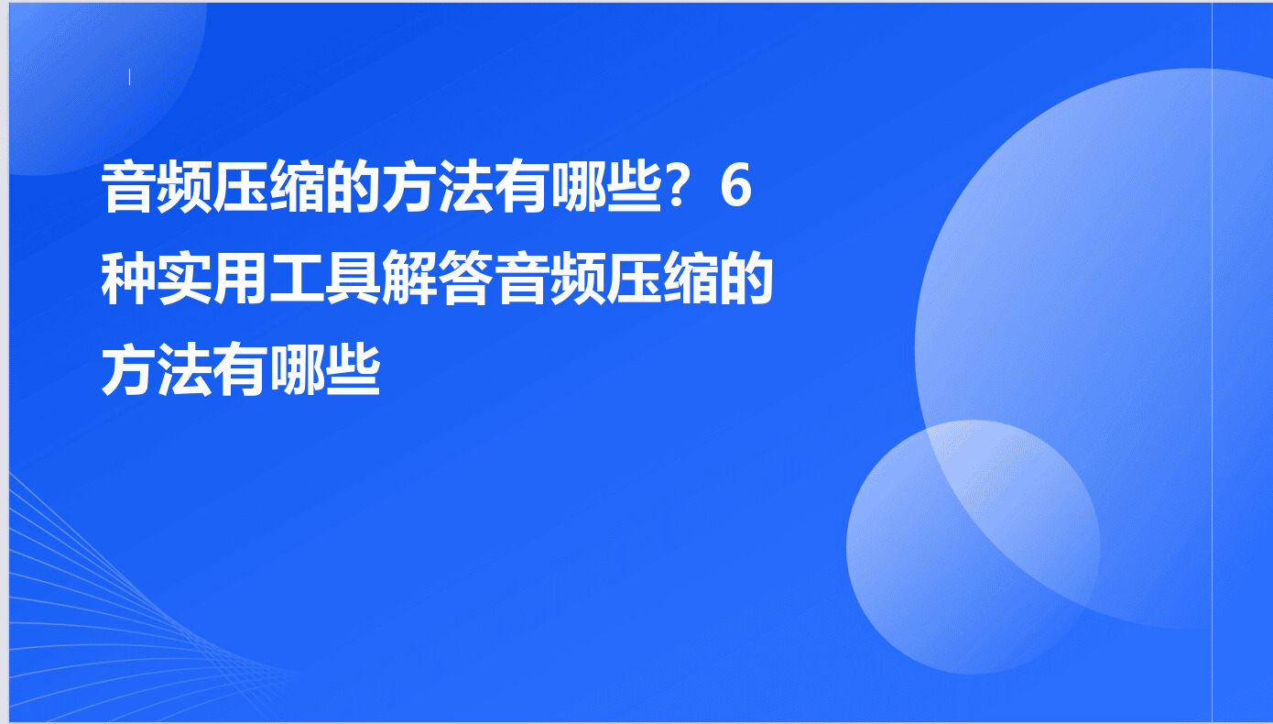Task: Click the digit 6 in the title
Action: (736, 185)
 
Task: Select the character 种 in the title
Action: (128, 279)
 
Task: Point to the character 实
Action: (185, 279)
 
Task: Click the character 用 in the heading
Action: (240, 279)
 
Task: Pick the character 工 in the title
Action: (297, 279)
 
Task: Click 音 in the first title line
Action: (128, 186)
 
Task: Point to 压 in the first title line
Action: (240, 186)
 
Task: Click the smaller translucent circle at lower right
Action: (973, 547)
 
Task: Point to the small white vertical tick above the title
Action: (129, 77)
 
